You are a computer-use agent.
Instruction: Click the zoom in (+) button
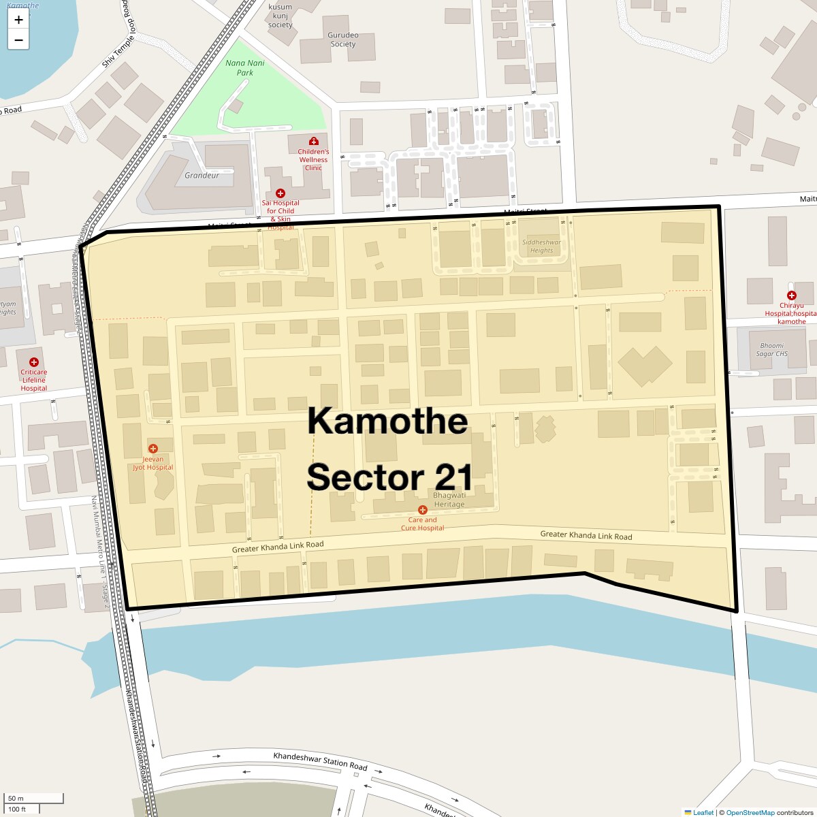click(18, 20)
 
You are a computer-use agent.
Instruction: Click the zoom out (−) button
click(18, 40)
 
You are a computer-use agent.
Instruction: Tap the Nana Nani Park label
click(245, 67)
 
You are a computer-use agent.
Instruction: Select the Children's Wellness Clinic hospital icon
click(313, 141)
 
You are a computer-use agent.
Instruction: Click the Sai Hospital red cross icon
click(280, 193)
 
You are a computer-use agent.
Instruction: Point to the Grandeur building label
click(202, 175)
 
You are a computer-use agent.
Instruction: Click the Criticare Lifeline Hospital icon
click(33, 362)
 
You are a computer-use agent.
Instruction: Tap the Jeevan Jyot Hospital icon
click(153, 448)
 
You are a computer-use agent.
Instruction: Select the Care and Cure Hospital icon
click(422, 510)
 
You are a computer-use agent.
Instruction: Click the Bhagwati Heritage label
click(449, 500)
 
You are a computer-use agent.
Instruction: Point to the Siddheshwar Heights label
click(542, 246)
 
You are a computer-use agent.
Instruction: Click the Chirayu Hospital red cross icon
click(791, 295)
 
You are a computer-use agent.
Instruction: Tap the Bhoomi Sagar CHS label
click(771, 349)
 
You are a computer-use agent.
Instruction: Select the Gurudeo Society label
click(343, 39)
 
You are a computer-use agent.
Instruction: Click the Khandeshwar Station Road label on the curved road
click(320, 760)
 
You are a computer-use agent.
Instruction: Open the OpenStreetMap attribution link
click(750, 812)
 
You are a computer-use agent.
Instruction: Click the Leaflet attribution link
click(703, 812)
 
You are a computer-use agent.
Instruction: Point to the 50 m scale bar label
click(16, 798)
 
